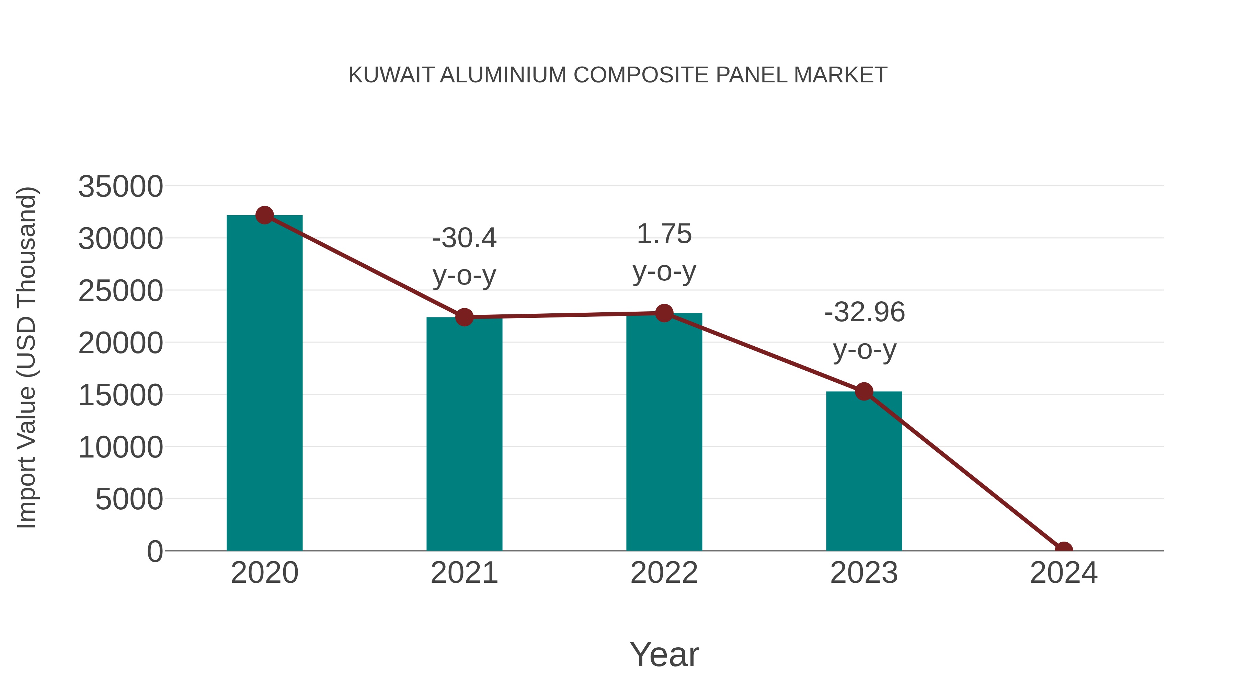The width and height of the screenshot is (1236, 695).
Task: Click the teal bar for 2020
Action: click(264, 384)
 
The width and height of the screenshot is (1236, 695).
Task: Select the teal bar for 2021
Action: click(464, 434)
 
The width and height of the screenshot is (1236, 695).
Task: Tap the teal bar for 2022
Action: click(664, 432)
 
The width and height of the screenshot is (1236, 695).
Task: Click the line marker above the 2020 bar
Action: click(264, 215)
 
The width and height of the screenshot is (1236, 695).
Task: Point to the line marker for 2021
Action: click(464, 317)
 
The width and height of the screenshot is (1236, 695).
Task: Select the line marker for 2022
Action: click(664, 313)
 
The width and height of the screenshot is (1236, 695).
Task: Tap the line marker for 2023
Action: click(864, 392)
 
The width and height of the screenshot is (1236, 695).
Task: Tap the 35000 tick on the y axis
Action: click(121, 187)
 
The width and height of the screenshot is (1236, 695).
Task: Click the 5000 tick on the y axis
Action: click(129, 499)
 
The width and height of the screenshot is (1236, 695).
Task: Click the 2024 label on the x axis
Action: click(1063, 573)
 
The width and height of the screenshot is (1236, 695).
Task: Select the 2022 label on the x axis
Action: click(664, 573)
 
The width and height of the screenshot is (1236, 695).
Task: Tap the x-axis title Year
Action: click(664, 654)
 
